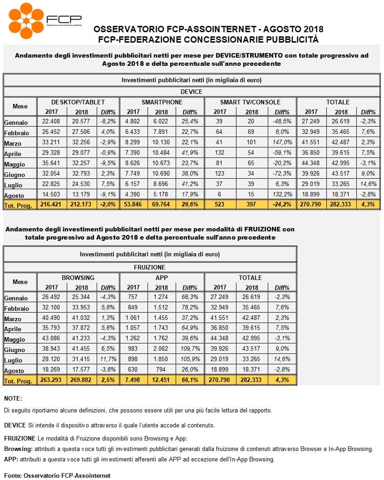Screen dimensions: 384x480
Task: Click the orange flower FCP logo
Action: point(26,21)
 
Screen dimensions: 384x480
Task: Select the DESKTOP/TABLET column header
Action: point(78,102)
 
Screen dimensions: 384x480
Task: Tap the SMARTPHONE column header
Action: point(162,102)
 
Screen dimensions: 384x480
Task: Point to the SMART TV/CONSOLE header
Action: point(250,102)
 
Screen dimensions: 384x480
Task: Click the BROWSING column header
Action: point(78,278)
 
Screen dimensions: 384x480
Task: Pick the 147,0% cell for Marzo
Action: point(282,142)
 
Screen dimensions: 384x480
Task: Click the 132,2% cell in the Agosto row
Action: point(282,194)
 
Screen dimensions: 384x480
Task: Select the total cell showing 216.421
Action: point(51,204)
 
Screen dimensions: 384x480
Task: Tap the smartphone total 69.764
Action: point(161,204)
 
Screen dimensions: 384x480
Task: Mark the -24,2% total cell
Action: point(282,204)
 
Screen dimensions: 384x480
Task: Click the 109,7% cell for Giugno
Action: point(190,349)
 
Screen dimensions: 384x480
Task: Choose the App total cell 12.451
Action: point(161,380)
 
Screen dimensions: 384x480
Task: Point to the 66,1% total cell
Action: point(190,380)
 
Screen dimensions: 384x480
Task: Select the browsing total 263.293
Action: point(51,380)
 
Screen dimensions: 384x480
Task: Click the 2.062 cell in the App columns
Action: point(161,349)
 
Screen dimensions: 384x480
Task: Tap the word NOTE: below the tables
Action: point(13,399)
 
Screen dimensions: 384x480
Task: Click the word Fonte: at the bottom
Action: point(13,476)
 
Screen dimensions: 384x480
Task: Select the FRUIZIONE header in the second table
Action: point(149,267)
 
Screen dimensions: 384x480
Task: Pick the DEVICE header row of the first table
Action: point(192,92)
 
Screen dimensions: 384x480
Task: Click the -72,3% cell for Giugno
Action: point(282,174)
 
